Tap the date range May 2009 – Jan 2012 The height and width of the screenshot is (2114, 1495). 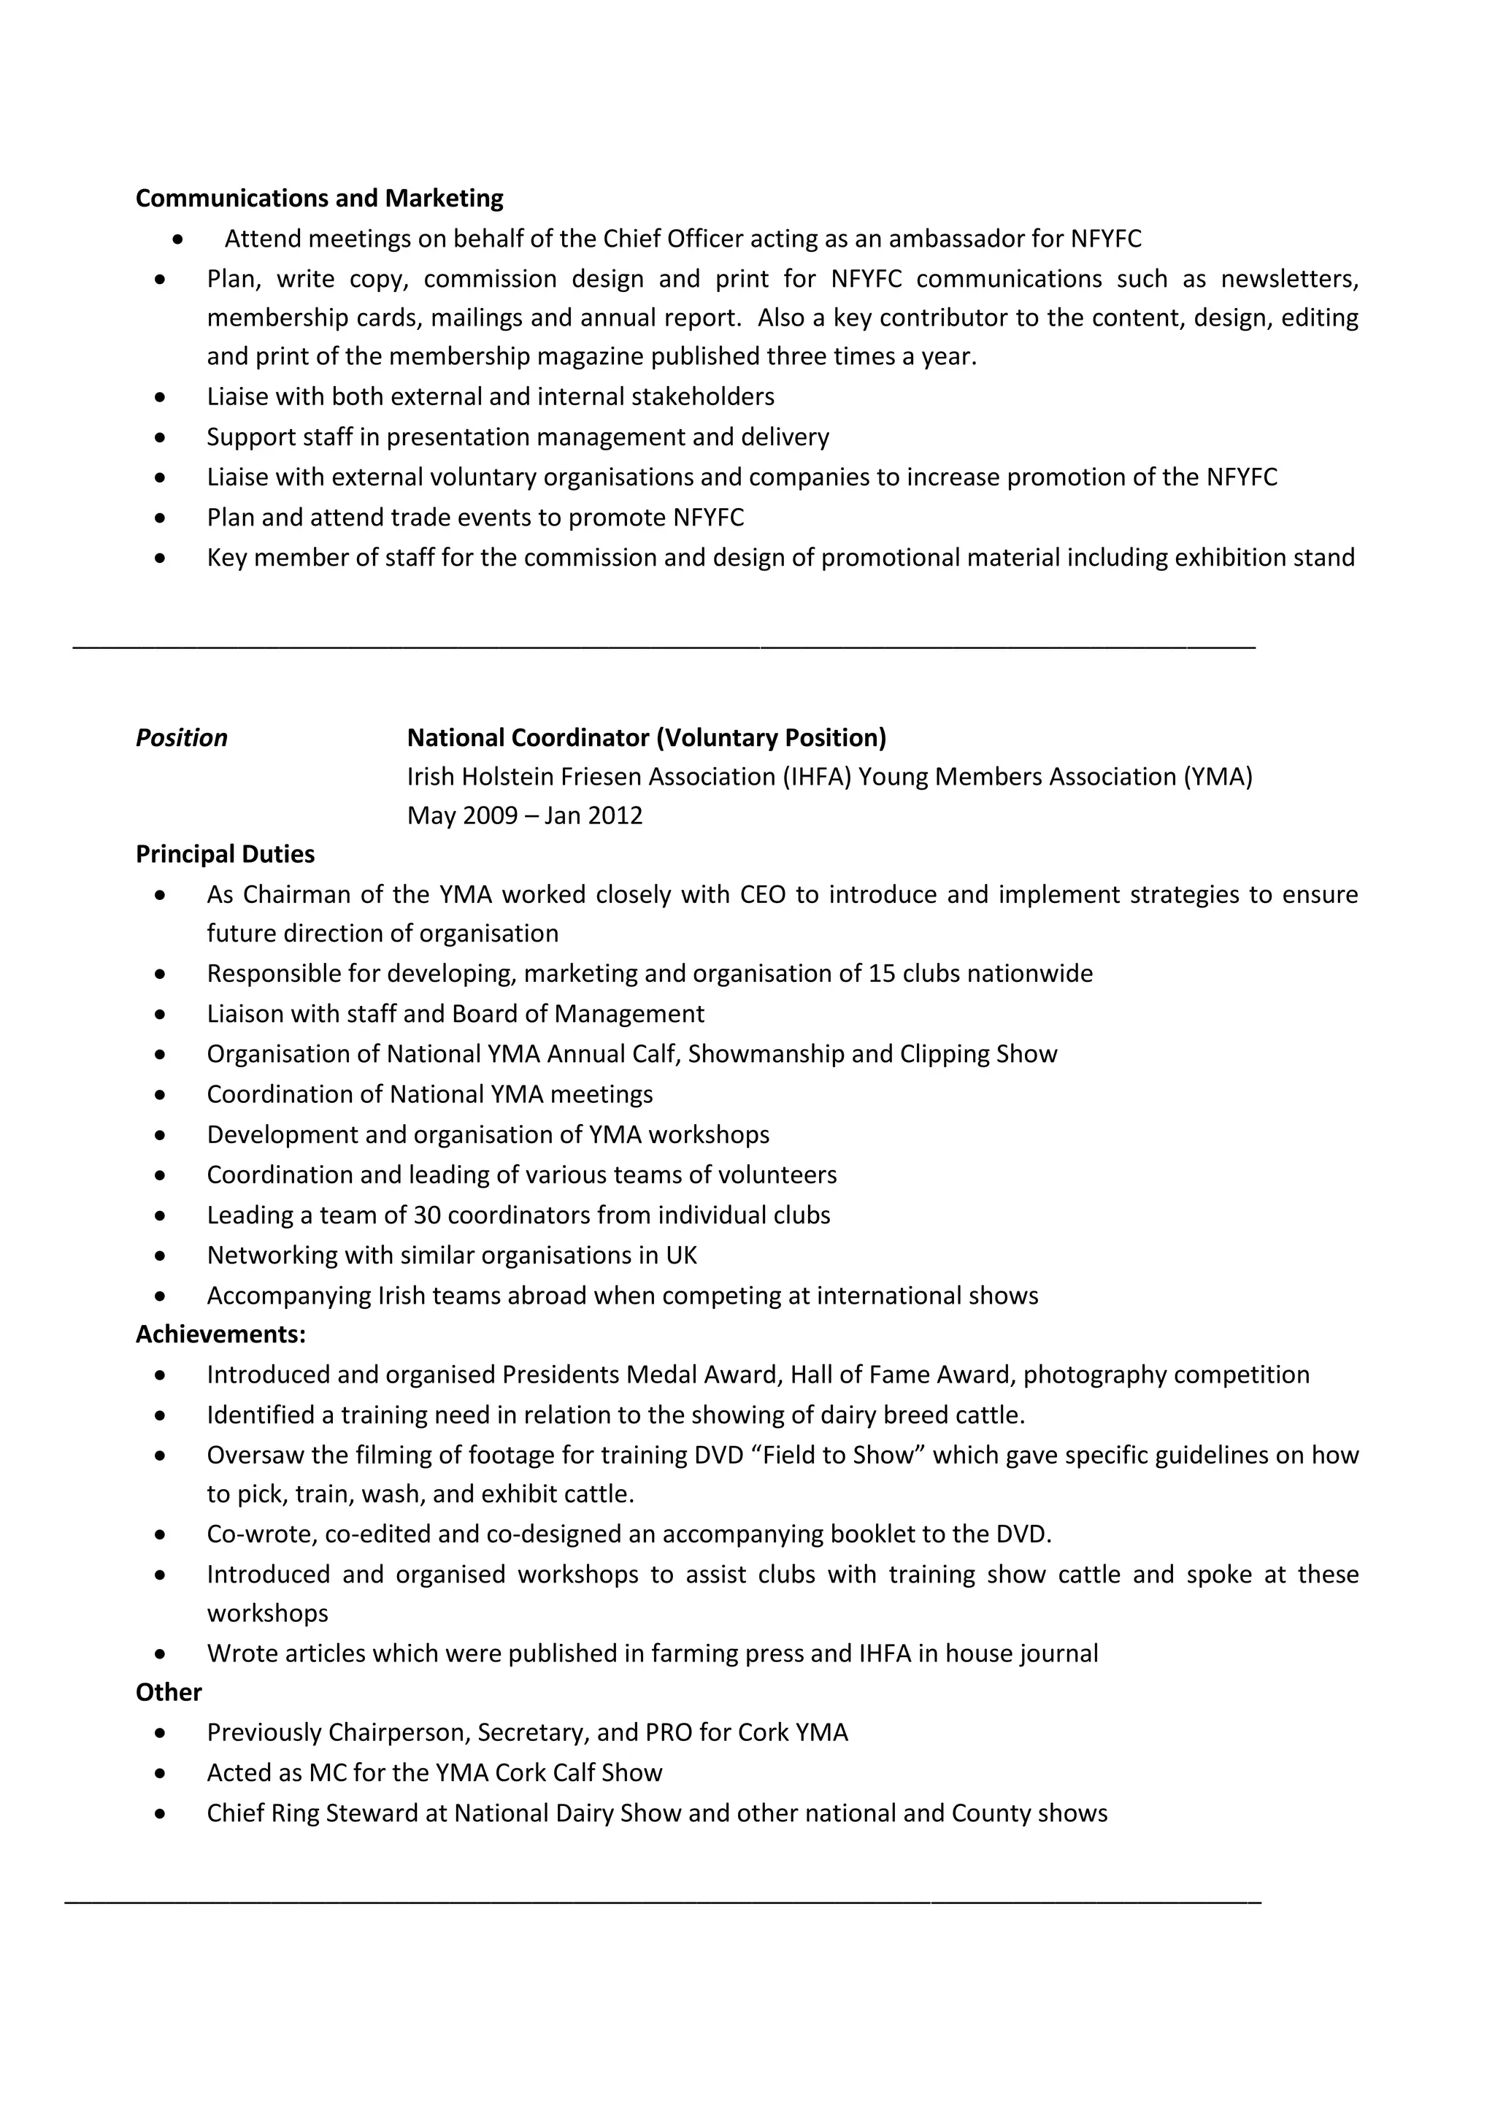point(525,816)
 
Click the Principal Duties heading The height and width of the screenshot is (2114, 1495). point(225,855)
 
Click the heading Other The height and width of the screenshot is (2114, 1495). point(169,1692)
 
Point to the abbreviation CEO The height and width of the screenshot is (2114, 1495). point(762,895)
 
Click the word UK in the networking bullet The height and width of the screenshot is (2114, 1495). point(682,1256)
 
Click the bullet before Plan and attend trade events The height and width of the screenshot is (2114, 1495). point(161,518)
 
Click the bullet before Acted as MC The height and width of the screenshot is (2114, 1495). point(161,1773)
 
